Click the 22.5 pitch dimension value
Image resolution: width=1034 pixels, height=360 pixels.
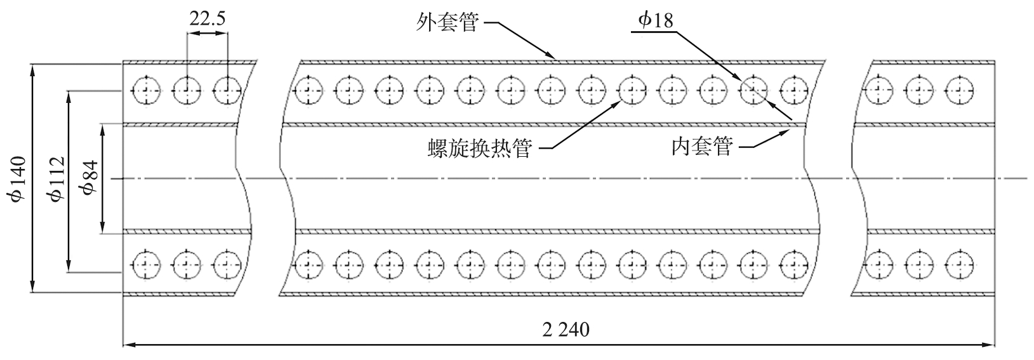pos(206,18)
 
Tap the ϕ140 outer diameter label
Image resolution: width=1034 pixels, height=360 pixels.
pos(18,178)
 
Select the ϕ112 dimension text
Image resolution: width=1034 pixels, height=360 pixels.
pos(57,178)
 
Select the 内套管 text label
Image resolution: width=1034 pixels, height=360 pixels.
pos(702,147)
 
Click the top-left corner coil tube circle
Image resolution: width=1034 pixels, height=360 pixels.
pos(147,90)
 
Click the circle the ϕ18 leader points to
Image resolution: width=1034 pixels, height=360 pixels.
pos(753,90)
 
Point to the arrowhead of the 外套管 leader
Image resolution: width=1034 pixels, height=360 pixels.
pos(554,59)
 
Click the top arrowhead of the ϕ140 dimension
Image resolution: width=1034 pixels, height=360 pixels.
pos(32,67)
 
